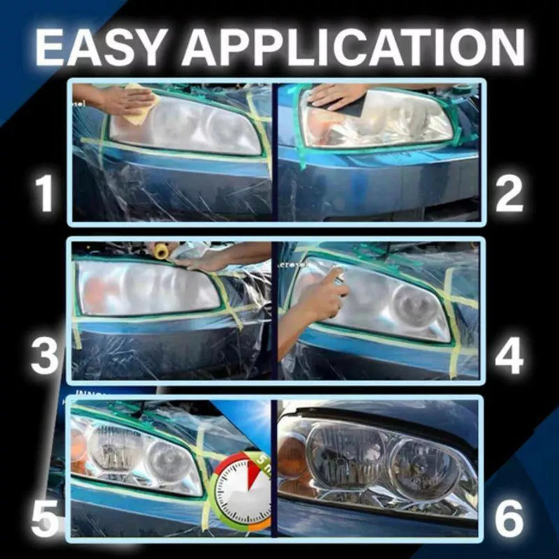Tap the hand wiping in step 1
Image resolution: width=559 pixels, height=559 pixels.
click(x=117, y=98)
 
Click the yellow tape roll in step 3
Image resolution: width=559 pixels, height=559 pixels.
click(x=160, y=251)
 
